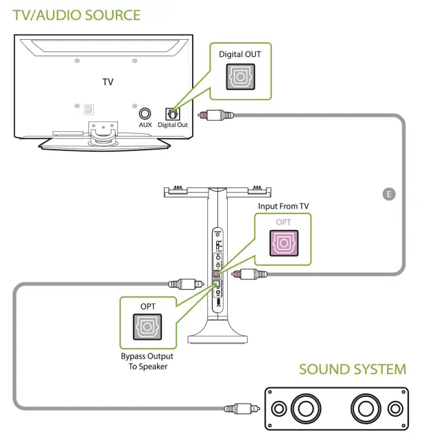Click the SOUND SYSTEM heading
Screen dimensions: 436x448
[352, 369]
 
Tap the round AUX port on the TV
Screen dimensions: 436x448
[145, 113]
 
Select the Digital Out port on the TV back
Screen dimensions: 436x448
[172, 113]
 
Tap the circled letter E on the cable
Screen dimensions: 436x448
[389, 194]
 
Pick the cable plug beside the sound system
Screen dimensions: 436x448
[239, 409]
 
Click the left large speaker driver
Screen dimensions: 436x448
[305, 409]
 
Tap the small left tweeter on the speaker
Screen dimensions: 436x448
[278, 409]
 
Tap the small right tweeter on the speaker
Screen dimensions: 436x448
[394, 409]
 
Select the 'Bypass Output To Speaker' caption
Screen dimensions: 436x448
[148, 361]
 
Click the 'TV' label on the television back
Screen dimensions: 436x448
[108, 82]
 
